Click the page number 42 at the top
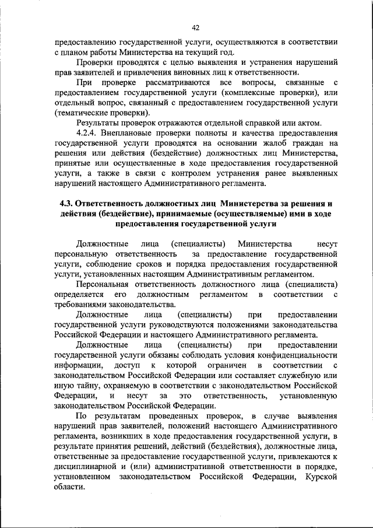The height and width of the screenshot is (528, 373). (x=195, y=27)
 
